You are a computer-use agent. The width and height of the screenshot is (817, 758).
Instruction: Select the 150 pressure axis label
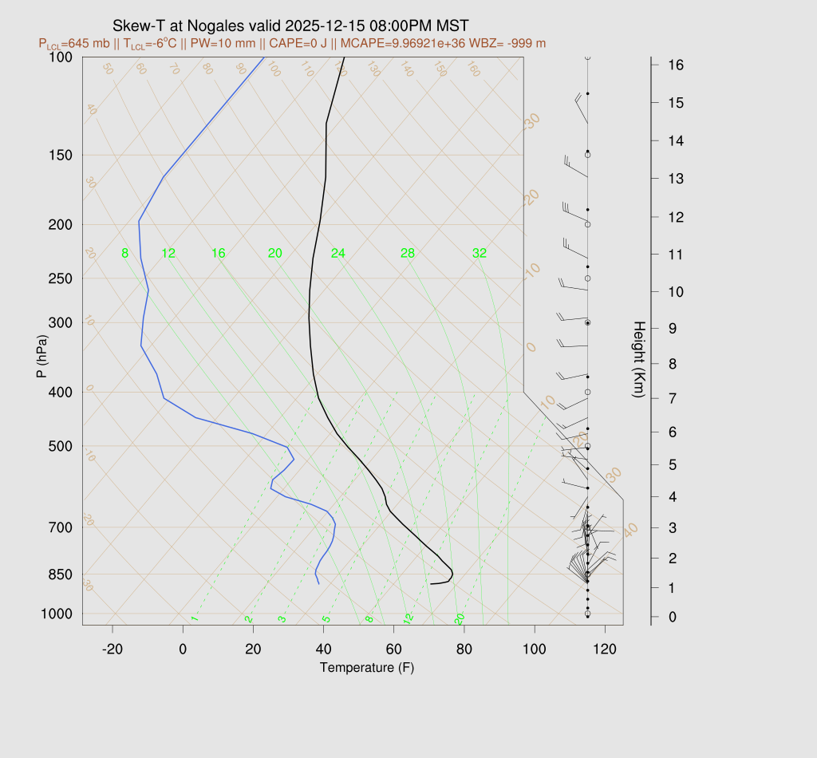(x=60, y=155)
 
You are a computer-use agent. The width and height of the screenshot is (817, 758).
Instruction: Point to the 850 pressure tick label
(x=60, y=574)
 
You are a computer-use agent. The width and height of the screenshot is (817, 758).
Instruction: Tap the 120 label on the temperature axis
(x=605, y=649)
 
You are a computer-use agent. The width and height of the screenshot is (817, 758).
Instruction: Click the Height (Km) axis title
(x=639, y=361)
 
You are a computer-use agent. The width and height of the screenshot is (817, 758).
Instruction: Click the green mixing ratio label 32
(x=480, y=254)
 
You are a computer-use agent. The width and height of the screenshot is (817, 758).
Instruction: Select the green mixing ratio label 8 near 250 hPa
(x=124, y=254)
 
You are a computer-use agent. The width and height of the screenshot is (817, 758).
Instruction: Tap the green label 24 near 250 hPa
(x=338, y=254)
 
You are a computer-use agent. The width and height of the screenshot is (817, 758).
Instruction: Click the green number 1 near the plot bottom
(x=194, y=619)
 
